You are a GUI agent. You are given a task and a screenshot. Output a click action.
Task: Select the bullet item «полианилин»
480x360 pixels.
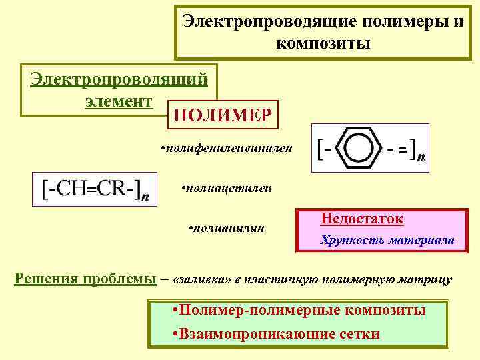(228, 229)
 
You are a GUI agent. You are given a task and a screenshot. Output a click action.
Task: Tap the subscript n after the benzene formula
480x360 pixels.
(421, 159)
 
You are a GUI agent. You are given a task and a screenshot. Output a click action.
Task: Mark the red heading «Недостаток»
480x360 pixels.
(363, 218)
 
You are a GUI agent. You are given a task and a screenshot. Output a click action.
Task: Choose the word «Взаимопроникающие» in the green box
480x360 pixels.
(257, 334)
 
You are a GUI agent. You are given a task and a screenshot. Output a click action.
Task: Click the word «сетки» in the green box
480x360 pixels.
(358, 334)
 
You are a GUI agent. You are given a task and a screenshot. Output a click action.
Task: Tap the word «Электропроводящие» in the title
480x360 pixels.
(269, 22)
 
